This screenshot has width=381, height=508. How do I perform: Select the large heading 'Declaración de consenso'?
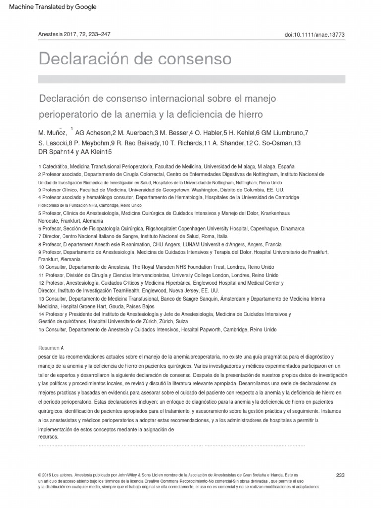coord(135,59)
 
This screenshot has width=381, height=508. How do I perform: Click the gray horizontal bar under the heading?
coord(191,79)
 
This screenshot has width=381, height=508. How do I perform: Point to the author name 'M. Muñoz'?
coord(53,133)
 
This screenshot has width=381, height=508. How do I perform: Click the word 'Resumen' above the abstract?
coord(48,347)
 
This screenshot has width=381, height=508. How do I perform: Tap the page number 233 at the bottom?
coord(340,475)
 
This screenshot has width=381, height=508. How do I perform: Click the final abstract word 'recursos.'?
coord(48,437)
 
